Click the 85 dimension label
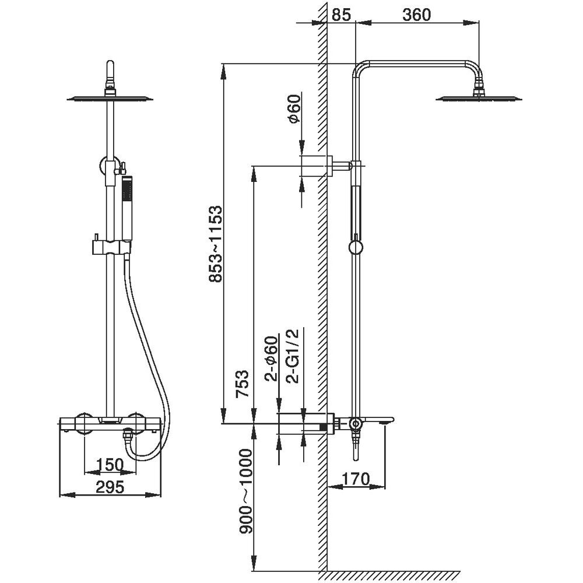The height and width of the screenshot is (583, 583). point(341,15)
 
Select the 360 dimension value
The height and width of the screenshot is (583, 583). point(417,15)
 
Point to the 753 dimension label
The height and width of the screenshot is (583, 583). point(243,384)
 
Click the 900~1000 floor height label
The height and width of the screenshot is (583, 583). point(245,491)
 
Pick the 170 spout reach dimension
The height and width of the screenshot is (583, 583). point(356,479)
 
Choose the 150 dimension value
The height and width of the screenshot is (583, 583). point(110,465)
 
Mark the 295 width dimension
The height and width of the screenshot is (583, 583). point(110,487)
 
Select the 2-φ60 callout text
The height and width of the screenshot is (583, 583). point(271,359)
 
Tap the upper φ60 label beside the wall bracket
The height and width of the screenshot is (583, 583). point(293,108)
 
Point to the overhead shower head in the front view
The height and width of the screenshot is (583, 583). point(110,98)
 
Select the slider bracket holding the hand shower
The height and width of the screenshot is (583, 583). point(111,247)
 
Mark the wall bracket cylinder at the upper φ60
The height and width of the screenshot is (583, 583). point(315,166)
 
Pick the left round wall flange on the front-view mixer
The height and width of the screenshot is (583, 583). point(85,423)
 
